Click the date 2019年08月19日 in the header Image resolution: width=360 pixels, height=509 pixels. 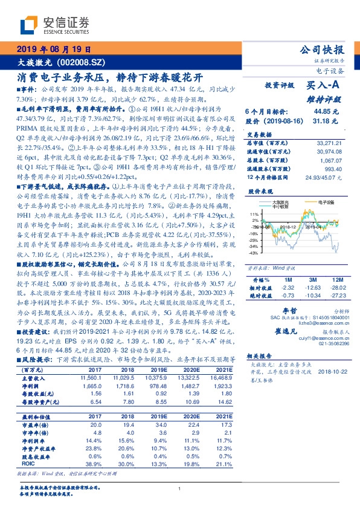(53, 49)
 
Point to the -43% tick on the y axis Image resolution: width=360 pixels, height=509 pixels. (254, 253)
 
